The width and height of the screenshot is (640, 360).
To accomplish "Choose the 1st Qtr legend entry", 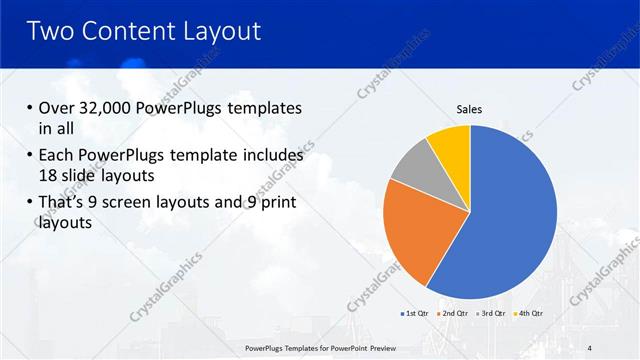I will (x=416, y=314).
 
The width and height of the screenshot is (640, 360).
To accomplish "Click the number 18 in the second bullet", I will (x=49, y=176).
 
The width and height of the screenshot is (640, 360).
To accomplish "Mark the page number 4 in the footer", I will (x=588, y=348).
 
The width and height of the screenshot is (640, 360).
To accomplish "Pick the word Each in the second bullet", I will (x=57, y=157).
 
